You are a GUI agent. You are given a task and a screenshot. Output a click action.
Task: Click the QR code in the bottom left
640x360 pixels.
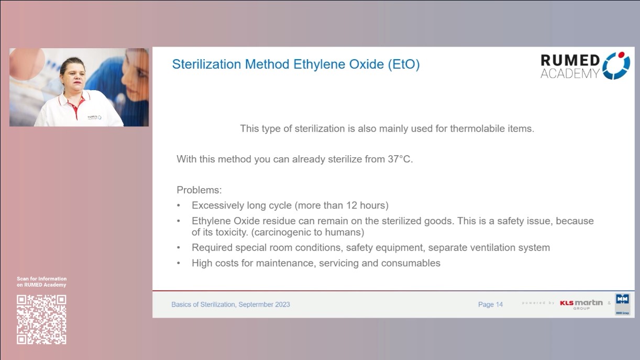pos(41,319)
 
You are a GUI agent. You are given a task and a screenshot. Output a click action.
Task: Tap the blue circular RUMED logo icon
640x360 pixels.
pos(616,66)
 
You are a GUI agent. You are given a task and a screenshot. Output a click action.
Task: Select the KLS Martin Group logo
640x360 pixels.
pos(581,304)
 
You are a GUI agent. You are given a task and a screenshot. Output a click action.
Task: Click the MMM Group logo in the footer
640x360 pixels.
pos(622,304)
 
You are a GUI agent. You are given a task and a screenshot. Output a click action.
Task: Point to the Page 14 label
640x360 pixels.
pos(490,304)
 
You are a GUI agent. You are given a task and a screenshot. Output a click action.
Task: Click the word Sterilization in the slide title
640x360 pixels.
pos(205,64)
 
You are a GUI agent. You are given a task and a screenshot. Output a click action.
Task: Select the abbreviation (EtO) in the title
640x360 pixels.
pos(403,64)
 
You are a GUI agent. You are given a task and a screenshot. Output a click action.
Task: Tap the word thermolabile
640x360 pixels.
pos(478,128)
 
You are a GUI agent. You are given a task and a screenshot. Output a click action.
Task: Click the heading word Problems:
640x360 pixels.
pos(199,190)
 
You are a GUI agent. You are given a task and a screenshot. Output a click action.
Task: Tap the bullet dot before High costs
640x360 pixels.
pos(179,263)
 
